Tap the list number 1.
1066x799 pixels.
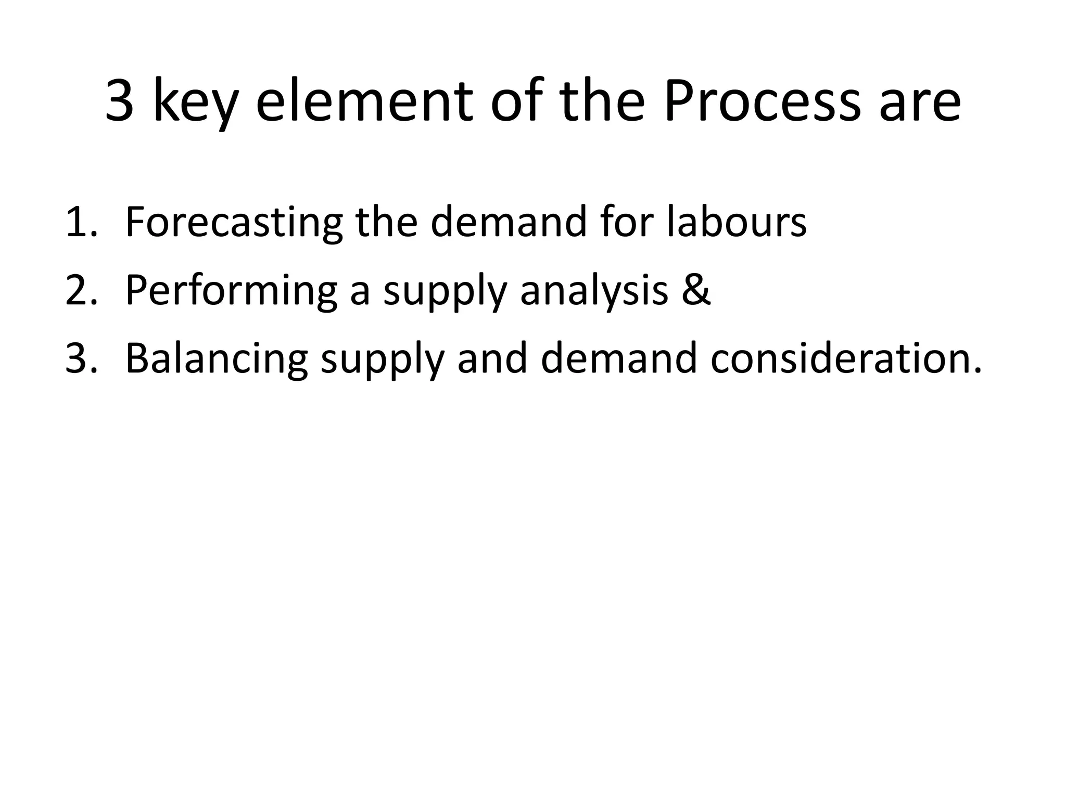click(80, 222)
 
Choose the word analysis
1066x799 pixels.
click(593, 291)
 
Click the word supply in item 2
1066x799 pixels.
click(444, 292)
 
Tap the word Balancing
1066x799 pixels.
click(217, 359)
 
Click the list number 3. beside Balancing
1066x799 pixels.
click(81, 359)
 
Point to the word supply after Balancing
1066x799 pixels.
click(382, 361)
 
